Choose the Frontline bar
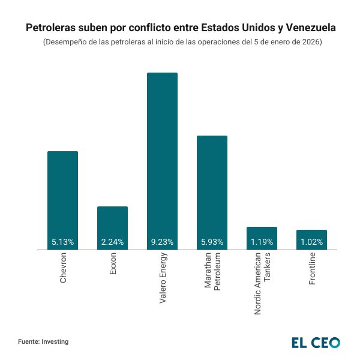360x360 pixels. click(311, 235)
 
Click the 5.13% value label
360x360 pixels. click(62, 242)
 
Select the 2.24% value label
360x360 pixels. click(112, 242)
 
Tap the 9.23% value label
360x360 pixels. click(162, 242)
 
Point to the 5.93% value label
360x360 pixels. click(212, 242)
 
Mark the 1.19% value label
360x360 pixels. click(262, 242)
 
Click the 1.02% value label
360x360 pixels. click(311, 242)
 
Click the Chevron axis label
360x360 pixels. click(63, 268)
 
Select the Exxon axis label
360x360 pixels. click(113, 264)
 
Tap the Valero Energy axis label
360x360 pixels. click(163, 278)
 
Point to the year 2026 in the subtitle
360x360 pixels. click(311, 43)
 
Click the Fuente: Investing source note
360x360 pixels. click(43, 341)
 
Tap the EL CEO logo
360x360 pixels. click(316, 343)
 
